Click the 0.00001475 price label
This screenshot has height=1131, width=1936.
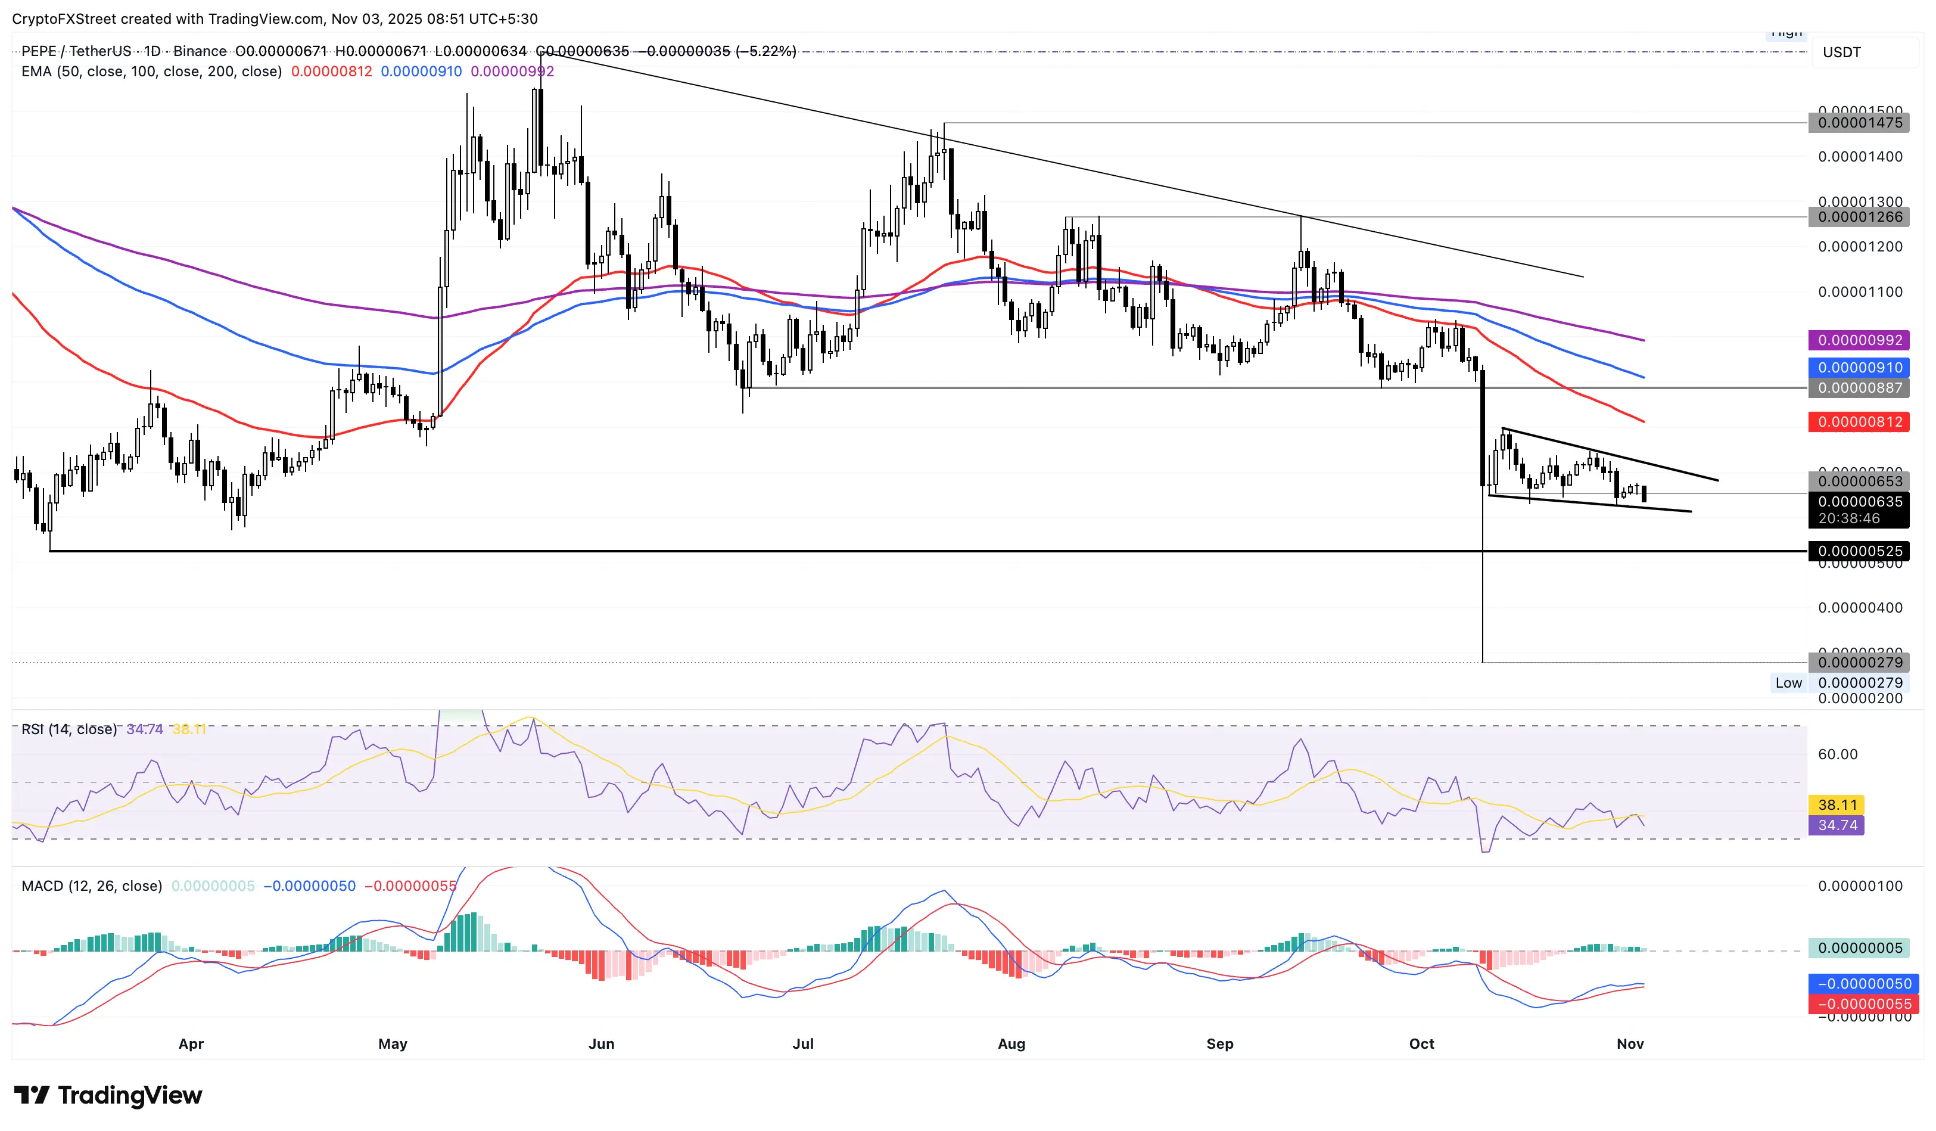tap(1859, 123)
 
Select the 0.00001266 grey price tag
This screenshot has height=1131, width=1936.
tap(1859, 218)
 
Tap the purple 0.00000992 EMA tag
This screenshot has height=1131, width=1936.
tap(1859, 340)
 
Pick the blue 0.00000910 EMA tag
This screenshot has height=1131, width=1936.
tap(1859, 368)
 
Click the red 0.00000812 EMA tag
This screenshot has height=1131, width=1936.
tap(1859, 422)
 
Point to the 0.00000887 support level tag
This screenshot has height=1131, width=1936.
tap(1859, 388)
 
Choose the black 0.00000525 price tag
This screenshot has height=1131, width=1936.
tap(1859, 551)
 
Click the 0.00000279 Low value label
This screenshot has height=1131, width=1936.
tap(1859, 683)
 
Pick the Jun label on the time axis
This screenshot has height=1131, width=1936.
tap(602, 1044)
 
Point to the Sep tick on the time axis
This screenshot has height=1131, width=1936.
tap(1220, 1044)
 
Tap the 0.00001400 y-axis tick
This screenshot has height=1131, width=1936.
tap(1860, 157)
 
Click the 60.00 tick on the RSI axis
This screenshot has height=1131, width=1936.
tap(1838, 754)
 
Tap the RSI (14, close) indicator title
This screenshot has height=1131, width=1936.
tap(69, 729)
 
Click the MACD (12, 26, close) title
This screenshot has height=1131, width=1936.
tap(91, 886)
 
